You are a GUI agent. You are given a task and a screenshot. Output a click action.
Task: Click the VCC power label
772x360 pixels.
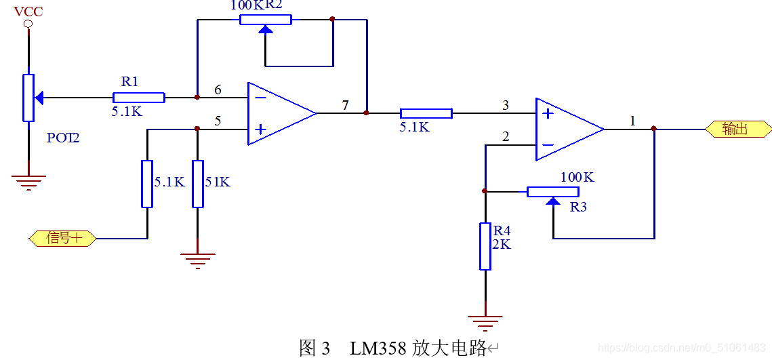pyautogui.click(x=28, y=12)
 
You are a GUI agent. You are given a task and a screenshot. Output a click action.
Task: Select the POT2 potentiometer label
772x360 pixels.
pyautogui.click(x=63, y=138)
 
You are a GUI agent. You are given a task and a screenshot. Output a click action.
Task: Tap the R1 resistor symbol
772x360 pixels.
pyautogui.click(x=139, y=98)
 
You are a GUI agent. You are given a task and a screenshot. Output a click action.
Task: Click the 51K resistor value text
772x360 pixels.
pyautogui.click(x=218, y=182)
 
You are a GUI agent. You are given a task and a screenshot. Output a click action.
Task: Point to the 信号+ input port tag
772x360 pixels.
pyautogui.click(x=62, y=238)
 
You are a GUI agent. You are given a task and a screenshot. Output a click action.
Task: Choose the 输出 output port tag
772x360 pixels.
pyautogui.click(x=738, y=129)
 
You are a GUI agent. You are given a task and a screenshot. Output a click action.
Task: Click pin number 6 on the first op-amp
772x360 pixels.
pyautogui.click(x=218, y=89)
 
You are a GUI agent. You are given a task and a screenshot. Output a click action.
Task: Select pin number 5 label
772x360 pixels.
pyautogui.click(x=218, y=121)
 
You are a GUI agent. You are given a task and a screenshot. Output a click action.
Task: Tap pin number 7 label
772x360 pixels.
pyautogui.click(x=345, y=105)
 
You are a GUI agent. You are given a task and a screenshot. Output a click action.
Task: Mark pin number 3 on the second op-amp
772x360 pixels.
pyautogui.click(x=505, y=105)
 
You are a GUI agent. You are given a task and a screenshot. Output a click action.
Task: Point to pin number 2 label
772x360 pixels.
pyautogui.click(x=505, y=137)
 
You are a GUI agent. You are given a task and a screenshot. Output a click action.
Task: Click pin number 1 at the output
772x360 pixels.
pyautogui.click(x=632, y=121)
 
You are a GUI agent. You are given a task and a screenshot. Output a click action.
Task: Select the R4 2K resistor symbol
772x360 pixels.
pyautogui.click(x=485, y=245)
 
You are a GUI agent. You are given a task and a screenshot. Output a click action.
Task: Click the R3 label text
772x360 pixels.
pyautogui.click(x=577, y=207)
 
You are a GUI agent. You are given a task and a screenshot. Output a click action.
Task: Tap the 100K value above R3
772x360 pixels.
pyautogui.click(x=577, y=177)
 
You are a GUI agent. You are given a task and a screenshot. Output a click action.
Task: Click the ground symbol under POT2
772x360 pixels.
pyautogui.click(x=28, y=180)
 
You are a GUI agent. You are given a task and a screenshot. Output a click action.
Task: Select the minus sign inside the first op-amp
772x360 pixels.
pyautogui.click(x=260, y=98)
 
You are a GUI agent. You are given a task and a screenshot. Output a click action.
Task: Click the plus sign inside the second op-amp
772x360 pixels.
pyautogui.click(x=548, y=113)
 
